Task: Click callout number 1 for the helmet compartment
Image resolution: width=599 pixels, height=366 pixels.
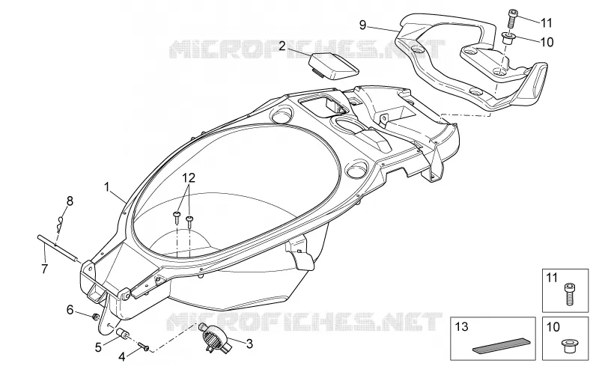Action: pos(107,187)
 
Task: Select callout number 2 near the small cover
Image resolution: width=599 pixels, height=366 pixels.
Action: pos(282,46)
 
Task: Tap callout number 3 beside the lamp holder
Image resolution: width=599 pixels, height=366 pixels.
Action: pos(249,344)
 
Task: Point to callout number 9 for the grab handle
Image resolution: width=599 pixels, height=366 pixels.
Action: pos(362,25)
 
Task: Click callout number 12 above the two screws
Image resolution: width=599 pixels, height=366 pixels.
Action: pos(189,177)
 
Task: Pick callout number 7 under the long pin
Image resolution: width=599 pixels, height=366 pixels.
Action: pos(45,269)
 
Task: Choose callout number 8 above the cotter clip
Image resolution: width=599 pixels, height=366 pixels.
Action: pos(70,201)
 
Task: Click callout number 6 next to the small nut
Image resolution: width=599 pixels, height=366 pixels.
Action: pos(70,309)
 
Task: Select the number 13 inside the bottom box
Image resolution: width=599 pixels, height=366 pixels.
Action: pos(462,327)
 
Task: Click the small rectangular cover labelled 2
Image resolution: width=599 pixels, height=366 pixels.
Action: pos(334,66)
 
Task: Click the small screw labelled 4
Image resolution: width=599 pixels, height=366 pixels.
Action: pos(144,346)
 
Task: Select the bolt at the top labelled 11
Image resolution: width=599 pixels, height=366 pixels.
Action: pos(512,19)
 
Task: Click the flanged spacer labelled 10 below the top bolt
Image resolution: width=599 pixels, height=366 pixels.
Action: pos(508,38)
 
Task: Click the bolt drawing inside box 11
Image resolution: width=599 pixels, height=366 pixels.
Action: pos(569,294)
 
